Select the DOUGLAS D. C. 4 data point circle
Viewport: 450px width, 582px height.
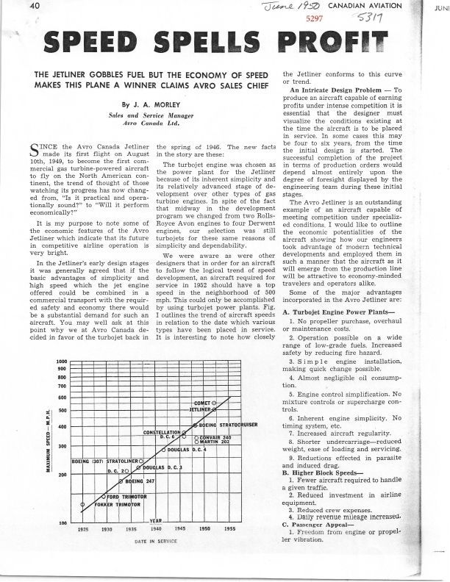[x=163, y=448]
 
